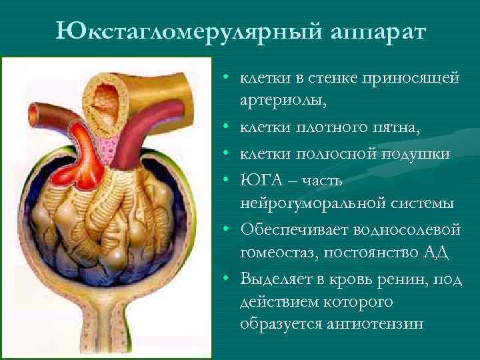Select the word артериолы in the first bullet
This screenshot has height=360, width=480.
pos(282,101)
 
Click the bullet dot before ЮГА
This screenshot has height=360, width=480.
pos(227,181)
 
